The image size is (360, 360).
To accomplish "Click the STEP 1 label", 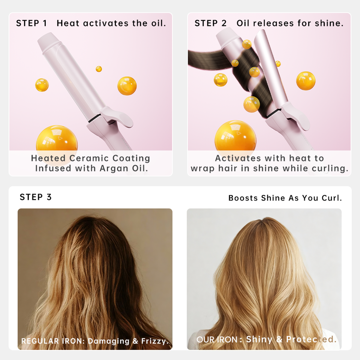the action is [31, 23].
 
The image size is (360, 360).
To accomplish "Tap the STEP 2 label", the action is [210, 23].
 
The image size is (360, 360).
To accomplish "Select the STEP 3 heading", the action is [36, 197].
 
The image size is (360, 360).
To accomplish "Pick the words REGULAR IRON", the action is [51, 341].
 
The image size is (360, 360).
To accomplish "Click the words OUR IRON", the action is [217, 340].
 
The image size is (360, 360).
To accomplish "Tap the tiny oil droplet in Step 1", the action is [99, 69].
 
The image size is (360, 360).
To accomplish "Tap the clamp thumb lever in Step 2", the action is [296, 115].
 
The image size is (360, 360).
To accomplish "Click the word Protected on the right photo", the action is [311, 339].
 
